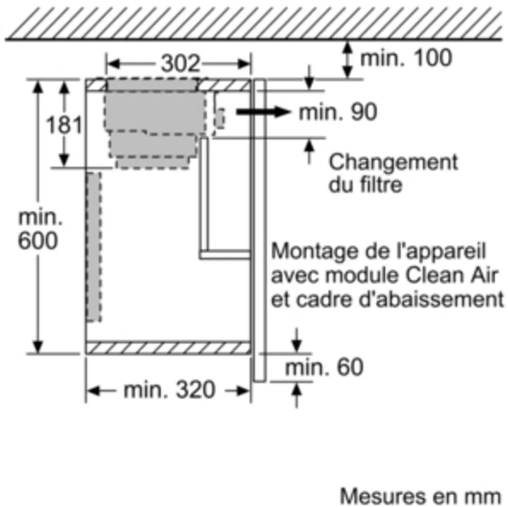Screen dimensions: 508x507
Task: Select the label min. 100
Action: click(406, 58)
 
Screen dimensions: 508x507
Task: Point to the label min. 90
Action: click(338, 112)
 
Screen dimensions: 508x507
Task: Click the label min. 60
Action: click(324, 367)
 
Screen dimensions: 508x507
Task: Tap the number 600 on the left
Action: click(38, 241)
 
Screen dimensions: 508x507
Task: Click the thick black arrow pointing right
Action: click(263, 112)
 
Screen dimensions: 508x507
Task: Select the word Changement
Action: click(393, 162)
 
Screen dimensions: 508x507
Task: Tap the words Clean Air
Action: click(452, 275)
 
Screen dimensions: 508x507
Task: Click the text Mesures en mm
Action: click(421, 496)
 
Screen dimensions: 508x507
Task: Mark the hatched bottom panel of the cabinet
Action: click(168, 348)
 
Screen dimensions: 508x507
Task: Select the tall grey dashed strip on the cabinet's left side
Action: click(94, 247)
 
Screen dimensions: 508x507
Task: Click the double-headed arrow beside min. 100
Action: click(348, 60)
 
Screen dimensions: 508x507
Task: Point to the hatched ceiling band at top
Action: click(254, 23)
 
